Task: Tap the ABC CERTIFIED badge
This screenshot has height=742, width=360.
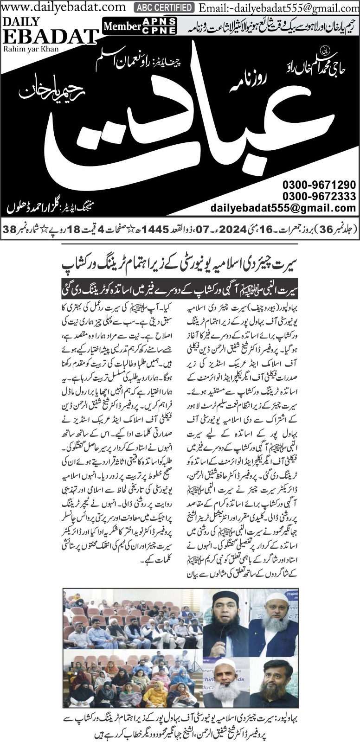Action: click(164, 7)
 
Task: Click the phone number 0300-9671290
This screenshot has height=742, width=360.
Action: click(319, 184)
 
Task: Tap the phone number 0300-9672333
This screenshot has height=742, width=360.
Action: click(319, 196)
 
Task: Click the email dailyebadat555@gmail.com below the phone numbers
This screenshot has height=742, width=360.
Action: click(283, 209)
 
